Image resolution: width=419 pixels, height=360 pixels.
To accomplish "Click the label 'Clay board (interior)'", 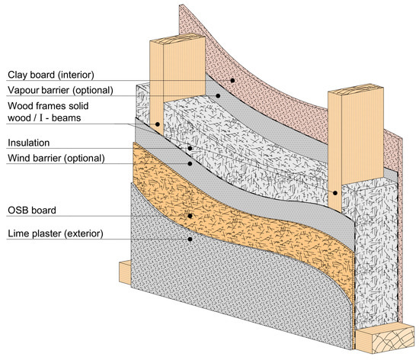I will [x=52, y=75].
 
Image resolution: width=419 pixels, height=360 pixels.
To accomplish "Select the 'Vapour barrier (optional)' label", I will [x=60, y=89].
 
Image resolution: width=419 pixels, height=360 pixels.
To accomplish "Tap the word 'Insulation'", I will [x=28, y=143].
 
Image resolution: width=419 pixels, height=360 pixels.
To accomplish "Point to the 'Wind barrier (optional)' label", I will [x=55, y=158].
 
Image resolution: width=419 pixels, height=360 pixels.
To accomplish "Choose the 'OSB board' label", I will [x=33, y=210].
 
